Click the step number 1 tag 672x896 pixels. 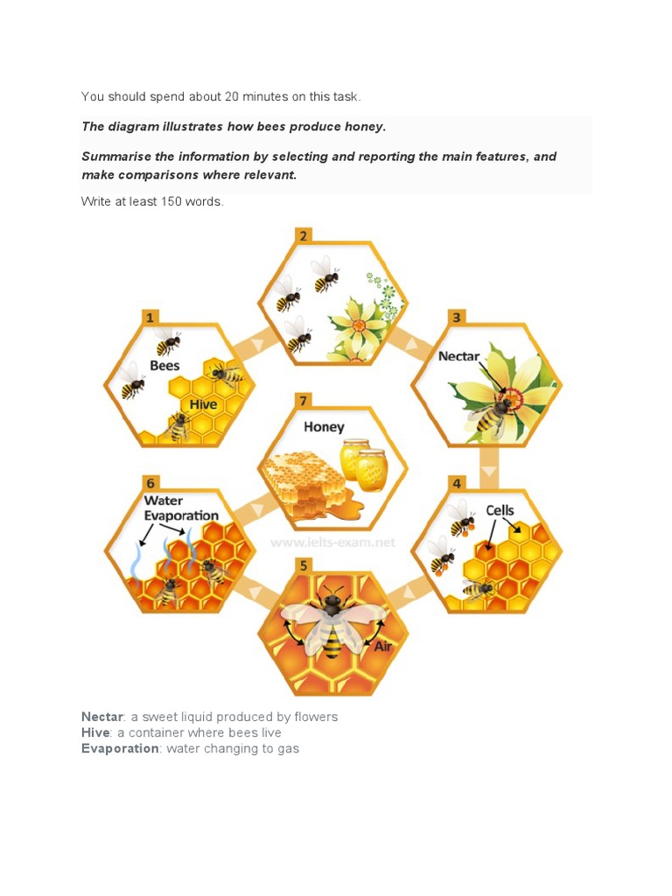(150, 318)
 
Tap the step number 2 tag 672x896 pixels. (304, 236)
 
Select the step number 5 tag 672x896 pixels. (304, 566)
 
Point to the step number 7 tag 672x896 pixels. (304, 401)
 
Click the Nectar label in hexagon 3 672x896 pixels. (458, 356)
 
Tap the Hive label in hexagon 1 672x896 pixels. (203, 404)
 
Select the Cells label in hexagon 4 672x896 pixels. (500, 510)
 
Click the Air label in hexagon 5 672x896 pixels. (383, 647)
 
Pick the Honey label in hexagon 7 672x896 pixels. (324, 427)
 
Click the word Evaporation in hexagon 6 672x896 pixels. (181, 515)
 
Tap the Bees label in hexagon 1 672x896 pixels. (164, 366)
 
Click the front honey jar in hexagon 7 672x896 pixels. (371, 471)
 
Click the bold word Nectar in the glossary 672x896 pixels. (102, 717)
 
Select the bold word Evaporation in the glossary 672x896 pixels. (120, 749)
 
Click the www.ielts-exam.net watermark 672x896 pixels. (332, 542)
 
